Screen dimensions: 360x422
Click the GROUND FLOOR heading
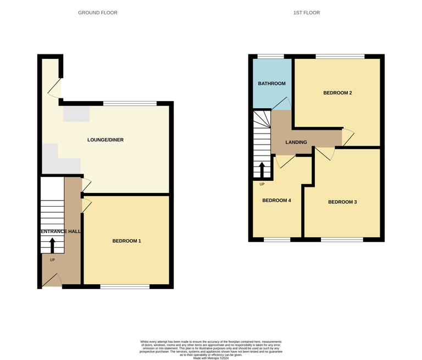(98, 13)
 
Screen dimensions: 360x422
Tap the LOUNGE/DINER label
(105, 140)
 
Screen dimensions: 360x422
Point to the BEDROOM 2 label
(337, 93)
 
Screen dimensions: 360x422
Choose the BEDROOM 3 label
(342, 202)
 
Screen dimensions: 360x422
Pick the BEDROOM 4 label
(276, 201)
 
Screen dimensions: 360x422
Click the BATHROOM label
(272, 84)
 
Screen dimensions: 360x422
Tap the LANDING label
(296, 142)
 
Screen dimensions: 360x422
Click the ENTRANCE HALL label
(60, 232)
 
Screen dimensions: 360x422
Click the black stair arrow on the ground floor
(53, 245)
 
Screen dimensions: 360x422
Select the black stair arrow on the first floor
(262, 169)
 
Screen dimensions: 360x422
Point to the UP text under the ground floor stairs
(52, 260)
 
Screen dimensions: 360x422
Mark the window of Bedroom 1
(125, 286)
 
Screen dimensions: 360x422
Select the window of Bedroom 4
(277, 240)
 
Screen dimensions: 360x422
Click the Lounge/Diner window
(130, 103)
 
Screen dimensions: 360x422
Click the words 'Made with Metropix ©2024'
(211, 358)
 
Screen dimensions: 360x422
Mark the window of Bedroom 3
(342, 240)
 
